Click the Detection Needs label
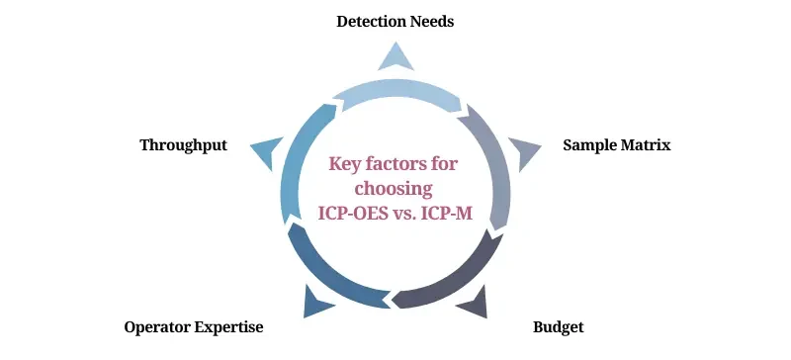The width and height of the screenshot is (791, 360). [395, 21]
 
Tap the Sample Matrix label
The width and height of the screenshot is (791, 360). [616, 145]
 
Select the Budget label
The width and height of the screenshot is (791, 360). [559, 326]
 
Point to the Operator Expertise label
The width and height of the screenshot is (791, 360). [194, 326]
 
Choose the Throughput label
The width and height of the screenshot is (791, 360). [183, 145]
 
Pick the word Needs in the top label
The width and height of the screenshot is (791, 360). [430, 21]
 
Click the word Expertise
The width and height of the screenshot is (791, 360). [229, 326]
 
